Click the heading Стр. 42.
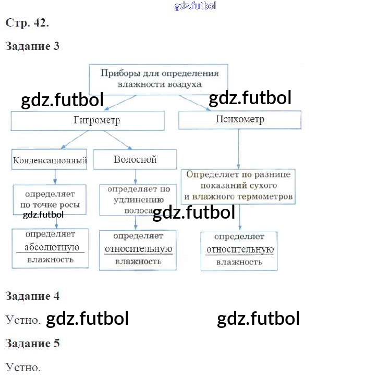click(x=27, y=23)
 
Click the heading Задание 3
click(x=32, y=46)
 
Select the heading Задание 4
click(x=32, y=296)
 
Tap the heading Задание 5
click(x=32, y=344)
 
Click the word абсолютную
click(x=52, y=247)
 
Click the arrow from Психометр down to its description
click(x=238, y=149)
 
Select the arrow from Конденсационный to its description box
click(x=55, y=177)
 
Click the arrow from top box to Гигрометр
click(x=120, y=103)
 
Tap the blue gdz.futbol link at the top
click(x=195, y=6)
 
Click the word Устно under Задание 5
click(x=23, y=368)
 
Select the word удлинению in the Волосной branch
click(x=139, y=200)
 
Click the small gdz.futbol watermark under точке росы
click(x=43, y=214)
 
